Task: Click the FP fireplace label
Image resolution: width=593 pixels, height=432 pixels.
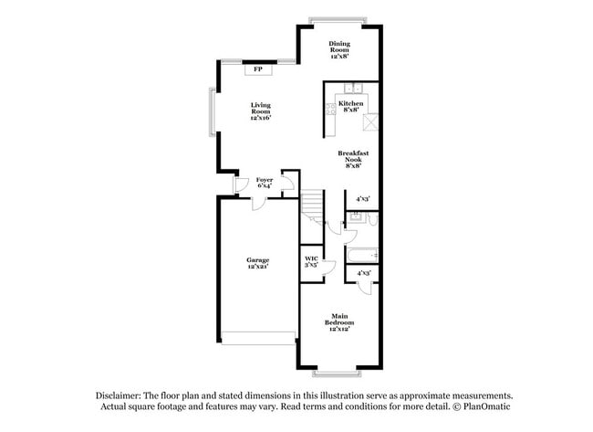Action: (x=259, y=68)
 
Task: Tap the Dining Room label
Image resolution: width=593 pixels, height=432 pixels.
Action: (x=339, y=50)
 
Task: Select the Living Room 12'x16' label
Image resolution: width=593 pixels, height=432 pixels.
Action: (x=261, y=111)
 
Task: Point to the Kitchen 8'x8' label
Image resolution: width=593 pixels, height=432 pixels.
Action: (x=351, y=108)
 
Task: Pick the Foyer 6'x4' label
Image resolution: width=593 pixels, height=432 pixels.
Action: (x=264, y=183)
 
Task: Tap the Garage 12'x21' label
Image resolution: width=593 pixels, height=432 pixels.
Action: (x=257, y=264)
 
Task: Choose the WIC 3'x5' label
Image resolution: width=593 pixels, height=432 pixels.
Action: (x=311, y=261)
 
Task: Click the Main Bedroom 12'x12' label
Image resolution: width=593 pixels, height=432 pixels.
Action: (x=340, y=321)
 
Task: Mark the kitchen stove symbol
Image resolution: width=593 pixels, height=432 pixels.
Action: (x=329, y=118)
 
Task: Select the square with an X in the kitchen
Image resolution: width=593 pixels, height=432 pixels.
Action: (x=371, y=123)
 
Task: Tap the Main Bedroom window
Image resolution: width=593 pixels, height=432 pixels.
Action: (x=337, y=374)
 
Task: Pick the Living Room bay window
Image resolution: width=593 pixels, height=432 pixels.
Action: (x=212, y=112)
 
